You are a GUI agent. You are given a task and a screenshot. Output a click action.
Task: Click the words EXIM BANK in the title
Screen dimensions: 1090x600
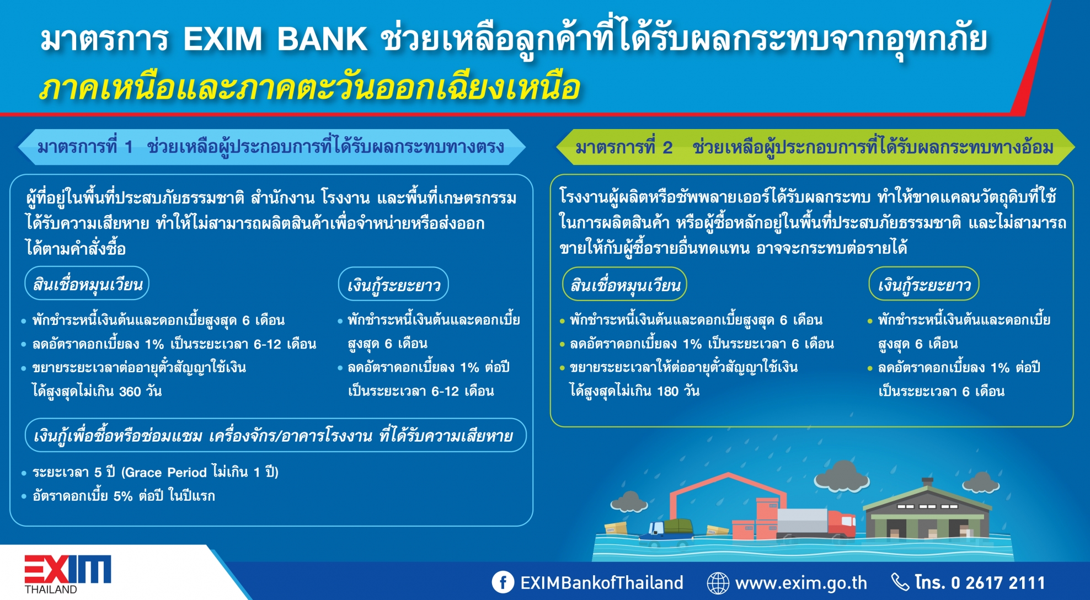pos(275,39)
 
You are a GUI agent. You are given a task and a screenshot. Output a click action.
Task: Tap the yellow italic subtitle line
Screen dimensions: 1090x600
pos(310,87)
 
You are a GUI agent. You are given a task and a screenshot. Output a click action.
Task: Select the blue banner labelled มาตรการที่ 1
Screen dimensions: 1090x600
pos(271,147)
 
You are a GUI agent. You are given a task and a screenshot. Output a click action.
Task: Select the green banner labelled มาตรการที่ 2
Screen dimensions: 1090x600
pos(815,147)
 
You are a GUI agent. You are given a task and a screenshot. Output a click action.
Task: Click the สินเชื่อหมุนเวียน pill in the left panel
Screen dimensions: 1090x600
pos(87,284)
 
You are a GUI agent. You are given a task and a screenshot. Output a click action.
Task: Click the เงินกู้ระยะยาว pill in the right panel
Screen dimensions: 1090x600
pos(924,285)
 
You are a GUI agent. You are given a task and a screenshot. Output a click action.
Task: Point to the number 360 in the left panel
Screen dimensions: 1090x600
pos(130,392)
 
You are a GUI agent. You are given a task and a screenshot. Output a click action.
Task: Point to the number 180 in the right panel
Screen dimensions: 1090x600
pos(668,392)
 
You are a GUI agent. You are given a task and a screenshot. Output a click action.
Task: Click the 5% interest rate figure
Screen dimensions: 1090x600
pos(123,496)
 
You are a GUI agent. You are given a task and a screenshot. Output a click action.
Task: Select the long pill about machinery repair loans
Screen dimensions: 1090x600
pos(276,436)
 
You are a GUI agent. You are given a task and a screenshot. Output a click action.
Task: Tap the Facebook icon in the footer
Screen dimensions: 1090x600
pos(503,582)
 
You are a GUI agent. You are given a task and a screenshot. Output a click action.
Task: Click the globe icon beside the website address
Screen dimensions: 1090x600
pos(718,582)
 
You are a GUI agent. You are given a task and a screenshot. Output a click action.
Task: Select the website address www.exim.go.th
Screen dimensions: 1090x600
pos(801,583)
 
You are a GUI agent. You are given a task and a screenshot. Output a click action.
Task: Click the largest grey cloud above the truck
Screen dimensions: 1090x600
pos(841,475)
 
